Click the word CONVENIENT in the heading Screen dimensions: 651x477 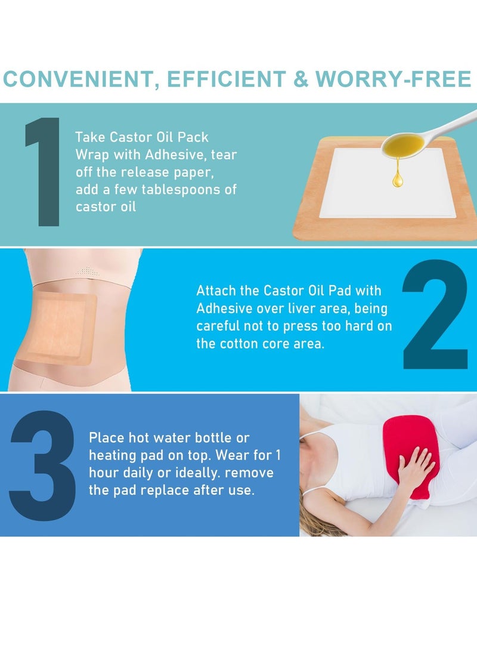[x=76, y=79]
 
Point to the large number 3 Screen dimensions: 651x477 [x=43, y=465]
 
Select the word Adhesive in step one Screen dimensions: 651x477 [x=171, y=155]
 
